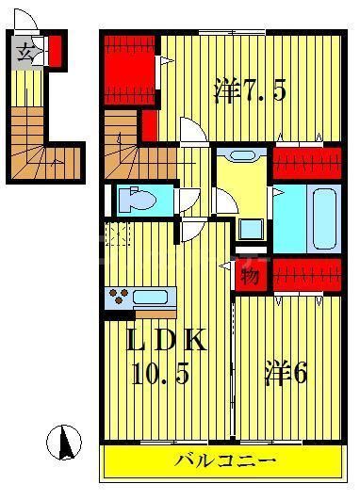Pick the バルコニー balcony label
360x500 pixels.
[x=224, y=461]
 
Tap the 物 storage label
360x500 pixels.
[x=249, y=276]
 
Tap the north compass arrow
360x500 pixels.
[x=65, y=441]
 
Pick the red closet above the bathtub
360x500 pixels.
[x=306, y=164]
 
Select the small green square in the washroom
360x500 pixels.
[x=252, y=229]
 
